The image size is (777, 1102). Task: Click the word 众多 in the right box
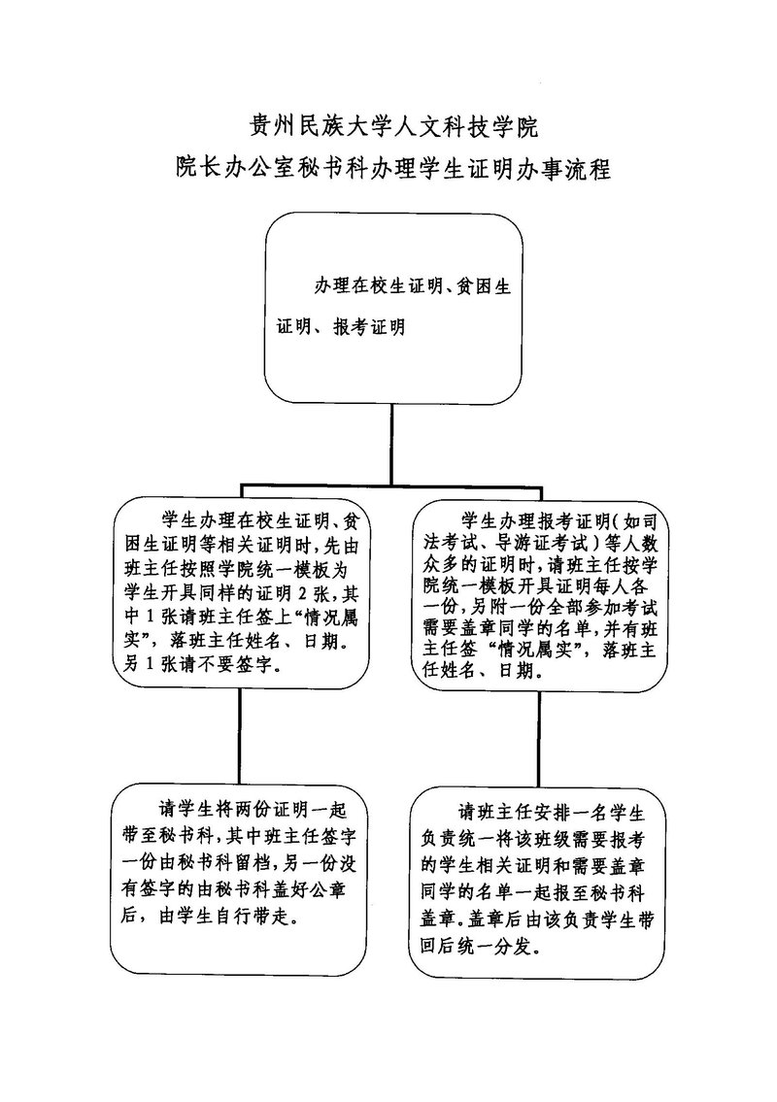pos(438,565)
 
